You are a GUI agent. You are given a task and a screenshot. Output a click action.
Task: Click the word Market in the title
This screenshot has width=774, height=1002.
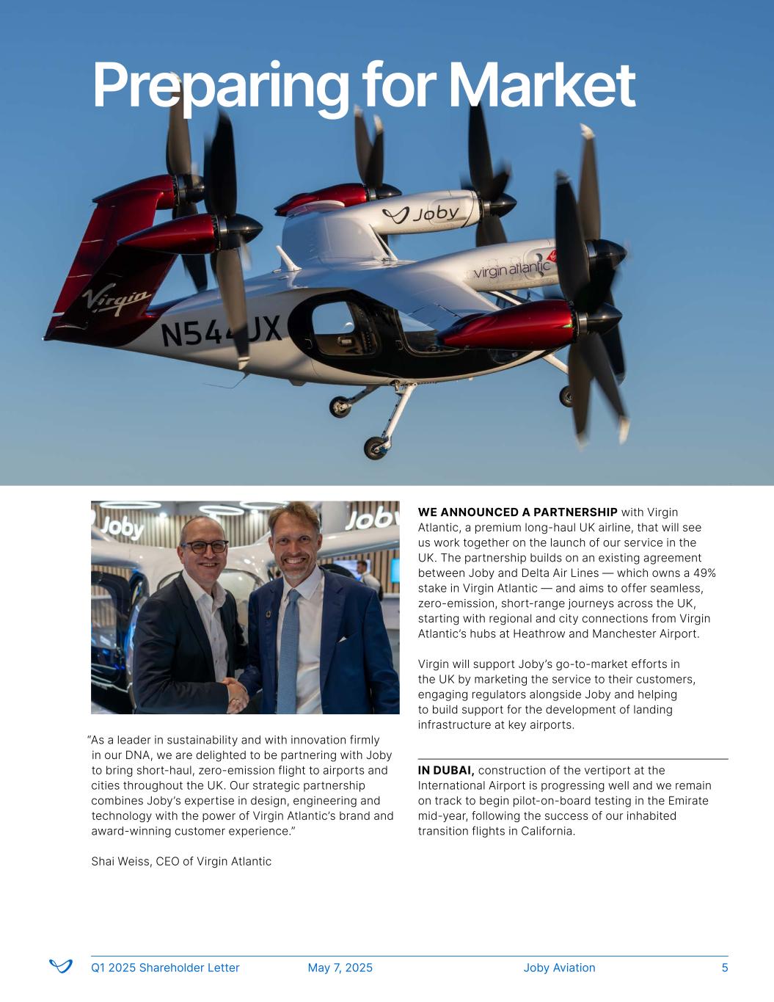[x=541, y=86]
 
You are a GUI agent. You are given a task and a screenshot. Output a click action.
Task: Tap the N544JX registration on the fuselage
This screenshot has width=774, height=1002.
[x=221, y=333]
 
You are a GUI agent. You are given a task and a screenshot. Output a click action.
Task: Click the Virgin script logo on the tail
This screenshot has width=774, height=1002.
[x=116, y=300]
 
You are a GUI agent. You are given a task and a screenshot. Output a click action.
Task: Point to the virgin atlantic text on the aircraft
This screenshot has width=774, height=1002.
[x=511, y=270]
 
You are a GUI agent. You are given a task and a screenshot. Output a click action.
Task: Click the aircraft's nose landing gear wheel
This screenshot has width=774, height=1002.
[x=376, y=447]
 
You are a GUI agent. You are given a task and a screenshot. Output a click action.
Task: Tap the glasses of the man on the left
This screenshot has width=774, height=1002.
[x=205, y=546]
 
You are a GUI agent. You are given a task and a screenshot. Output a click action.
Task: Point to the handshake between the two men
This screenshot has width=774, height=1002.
[x=236, y=691]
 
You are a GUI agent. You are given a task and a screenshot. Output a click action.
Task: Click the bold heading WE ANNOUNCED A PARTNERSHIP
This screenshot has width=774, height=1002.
[x=517, y=512]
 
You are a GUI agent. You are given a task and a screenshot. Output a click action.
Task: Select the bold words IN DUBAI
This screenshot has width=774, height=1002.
[x=446, y=770]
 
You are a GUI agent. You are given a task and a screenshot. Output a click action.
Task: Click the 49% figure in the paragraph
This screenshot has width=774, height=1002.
[x=704, y=573]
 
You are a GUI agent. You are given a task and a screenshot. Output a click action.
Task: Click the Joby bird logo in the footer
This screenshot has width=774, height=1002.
[x=61, y=966]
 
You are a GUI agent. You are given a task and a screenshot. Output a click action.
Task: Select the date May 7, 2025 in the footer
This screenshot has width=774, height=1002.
[x=340, y=967]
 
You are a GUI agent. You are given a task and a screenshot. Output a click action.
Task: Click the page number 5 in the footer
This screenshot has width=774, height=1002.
[x=725, y=967]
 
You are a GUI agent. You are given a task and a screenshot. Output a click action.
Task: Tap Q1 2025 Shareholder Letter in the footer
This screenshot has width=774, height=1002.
[x=165, y=967]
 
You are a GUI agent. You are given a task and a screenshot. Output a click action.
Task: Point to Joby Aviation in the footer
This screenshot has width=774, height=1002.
[x=559, y=967]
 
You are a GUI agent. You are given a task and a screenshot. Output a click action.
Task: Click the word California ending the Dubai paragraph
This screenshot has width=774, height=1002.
[x=547, y=831]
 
